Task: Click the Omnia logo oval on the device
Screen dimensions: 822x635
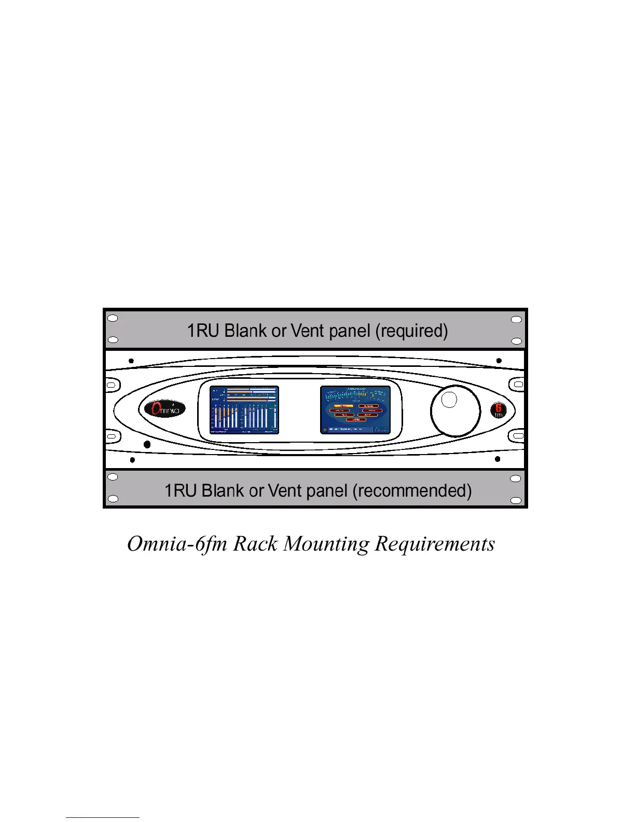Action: click(162, 409)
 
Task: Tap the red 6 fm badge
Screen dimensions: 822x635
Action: click(498, 410)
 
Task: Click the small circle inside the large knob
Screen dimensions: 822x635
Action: click(449, 400)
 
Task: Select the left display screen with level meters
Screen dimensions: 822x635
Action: click(244, 409)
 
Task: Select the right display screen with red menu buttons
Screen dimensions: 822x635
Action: click(355, 409)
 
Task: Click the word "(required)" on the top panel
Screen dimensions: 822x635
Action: click(411, 331)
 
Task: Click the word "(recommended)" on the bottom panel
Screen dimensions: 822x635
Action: click(412, 490)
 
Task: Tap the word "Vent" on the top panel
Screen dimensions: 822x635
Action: click(308, 331)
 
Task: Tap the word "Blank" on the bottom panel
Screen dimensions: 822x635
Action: click(223, 490)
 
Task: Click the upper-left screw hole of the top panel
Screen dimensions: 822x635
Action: click(112, 319)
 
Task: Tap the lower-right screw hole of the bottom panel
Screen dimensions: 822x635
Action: click(516, 500)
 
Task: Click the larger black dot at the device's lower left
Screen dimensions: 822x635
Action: click(147, 445)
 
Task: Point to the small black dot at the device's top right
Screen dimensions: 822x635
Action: click(499, 361)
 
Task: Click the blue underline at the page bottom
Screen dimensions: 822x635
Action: click(102, 817)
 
